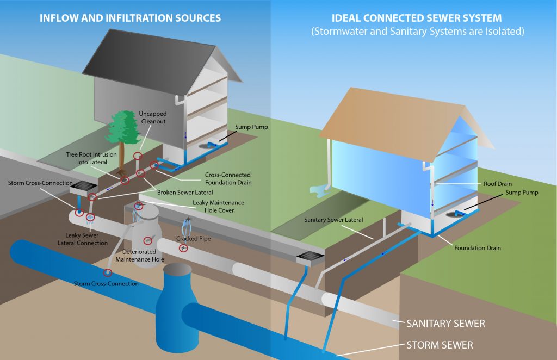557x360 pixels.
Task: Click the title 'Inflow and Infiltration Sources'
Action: [x=130, y=18]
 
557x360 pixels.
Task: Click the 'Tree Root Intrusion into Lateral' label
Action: [x=91, y=158]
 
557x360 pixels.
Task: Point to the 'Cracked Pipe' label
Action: [x=193, y=238]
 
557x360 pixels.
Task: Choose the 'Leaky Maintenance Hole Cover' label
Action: [x=218, y=206]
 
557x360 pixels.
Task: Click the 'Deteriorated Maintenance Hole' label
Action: [x=139, y=256]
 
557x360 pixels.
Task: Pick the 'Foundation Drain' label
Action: [x=478, y=248]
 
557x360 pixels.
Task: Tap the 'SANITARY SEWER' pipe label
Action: [x=445, y=324]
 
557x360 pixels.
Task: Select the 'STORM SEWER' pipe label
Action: [x=440, y=345]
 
